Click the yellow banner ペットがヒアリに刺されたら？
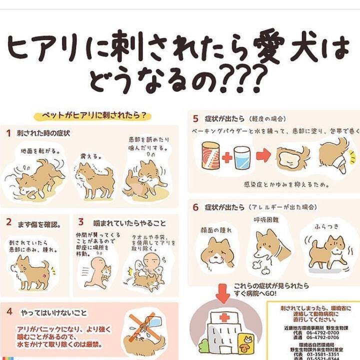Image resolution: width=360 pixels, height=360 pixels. coord(91,115)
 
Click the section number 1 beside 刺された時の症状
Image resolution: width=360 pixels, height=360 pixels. coord(9,133)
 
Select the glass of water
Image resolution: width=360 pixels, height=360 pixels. coord(242,157)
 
